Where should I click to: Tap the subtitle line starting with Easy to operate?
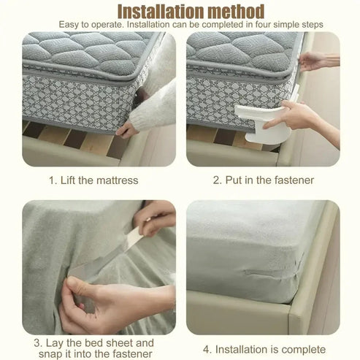(x=180, y=25)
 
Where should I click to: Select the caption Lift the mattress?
(x=93, y=180)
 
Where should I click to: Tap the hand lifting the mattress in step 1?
(x=127, y=129)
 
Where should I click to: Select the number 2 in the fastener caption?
(x=216, y=180)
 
